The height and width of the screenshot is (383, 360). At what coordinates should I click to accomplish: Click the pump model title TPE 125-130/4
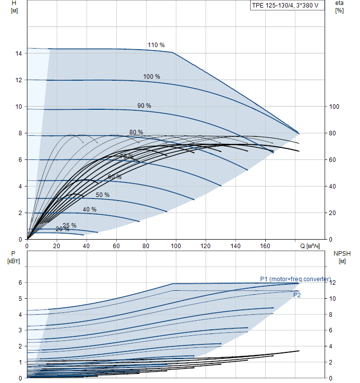point(285,6)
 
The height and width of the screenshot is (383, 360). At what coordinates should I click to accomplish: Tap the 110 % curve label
point(156,45)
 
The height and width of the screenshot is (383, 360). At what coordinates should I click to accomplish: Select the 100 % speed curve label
point(151,77)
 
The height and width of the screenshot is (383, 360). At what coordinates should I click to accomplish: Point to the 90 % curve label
point(144,106)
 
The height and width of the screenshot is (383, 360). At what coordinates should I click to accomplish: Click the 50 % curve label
point(102,195)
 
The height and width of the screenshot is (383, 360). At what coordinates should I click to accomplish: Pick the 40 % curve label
point(90,210)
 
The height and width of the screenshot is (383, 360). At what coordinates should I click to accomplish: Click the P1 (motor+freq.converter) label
point(295,279)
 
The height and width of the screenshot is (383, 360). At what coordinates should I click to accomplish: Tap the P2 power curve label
point(297,295)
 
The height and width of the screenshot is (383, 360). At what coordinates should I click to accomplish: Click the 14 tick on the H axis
point(19,54)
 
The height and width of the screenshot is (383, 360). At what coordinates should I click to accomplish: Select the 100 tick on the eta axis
point(334,107)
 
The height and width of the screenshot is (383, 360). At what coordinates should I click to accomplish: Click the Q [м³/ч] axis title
point(310,246)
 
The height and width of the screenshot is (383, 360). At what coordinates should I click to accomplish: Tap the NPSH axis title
point(341,254)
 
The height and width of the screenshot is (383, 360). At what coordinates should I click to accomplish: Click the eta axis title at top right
point(339,4)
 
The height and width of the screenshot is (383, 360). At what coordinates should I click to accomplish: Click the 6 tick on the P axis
point(20,283)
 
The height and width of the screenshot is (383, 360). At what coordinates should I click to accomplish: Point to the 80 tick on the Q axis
point(146,246)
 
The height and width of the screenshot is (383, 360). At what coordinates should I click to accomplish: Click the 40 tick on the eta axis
point(333,186)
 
